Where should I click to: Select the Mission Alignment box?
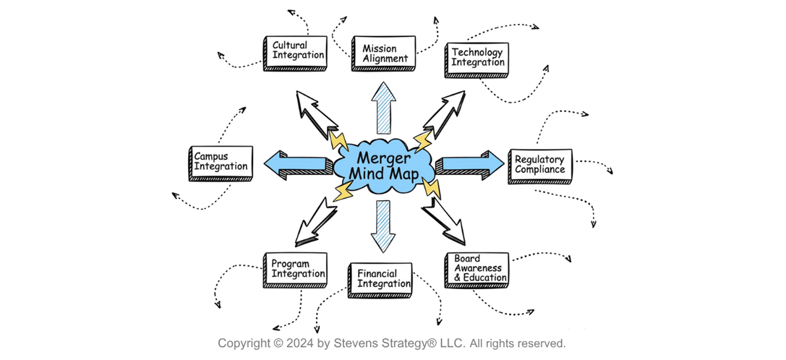click(x=385, y=53)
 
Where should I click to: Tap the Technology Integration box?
click(x=477, y=58)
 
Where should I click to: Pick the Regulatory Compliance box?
click(x=540, y=165)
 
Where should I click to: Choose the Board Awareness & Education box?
click(x=477, y=269)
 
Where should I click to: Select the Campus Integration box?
click(x=221, y=162)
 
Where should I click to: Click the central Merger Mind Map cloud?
click(x=383, y=166)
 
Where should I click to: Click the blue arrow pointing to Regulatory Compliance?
click(x=470, y=164)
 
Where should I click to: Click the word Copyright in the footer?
click(x=244, y=343)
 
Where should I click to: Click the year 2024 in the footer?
click(x=300, y=343)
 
